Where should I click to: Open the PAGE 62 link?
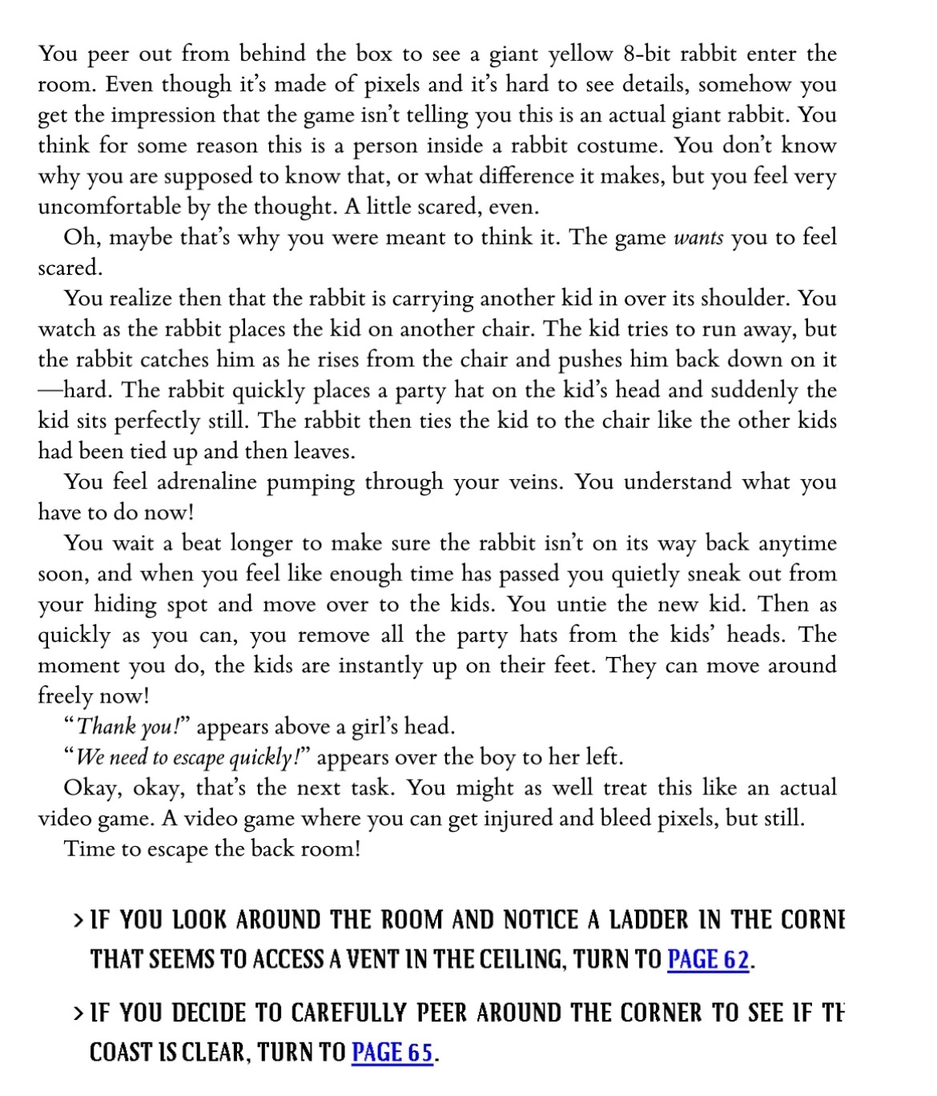[x=708, y=958]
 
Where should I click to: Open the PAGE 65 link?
[x=392, y=1051]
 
